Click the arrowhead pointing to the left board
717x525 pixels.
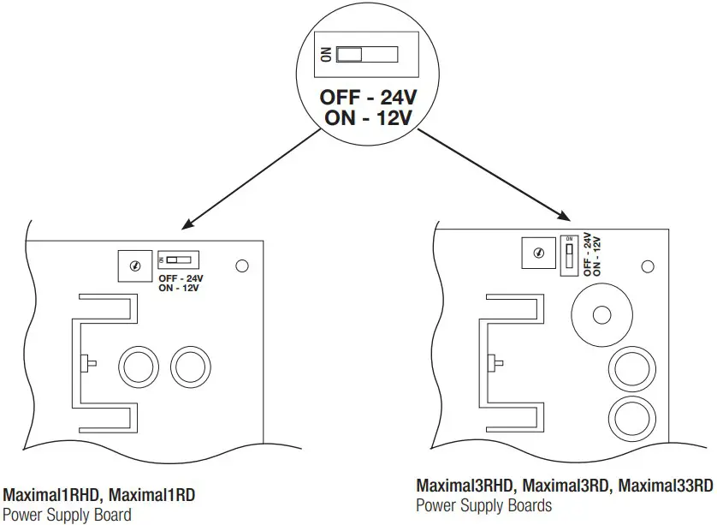(x=187, y=227)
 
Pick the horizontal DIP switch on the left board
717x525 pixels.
(x=178, y=260)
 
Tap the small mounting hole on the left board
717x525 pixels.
(x=242, y=266)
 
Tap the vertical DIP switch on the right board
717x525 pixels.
(x=569, y=254)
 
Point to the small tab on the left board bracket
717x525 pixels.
(x=89, y=363)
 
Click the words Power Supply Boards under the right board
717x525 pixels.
(x=483, y=505)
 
